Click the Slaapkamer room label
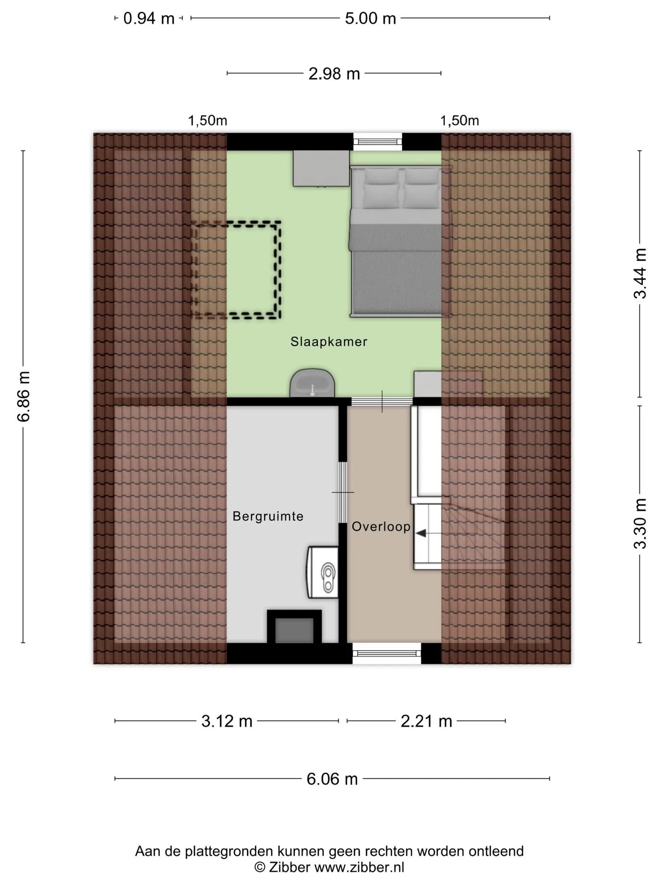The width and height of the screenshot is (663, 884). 329,342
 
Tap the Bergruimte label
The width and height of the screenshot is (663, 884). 268,517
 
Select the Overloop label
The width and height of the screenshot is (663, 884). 381,527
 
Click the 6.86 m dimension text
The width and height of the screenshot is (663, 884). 23,396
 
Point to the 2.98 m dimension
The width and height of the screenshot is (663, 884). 334,74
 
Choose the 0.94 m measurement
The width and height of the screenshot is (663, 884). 149,18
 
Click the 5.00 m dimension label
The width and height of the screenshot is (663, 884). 371,18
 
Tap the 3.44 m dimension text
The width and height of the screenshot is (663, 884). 640,273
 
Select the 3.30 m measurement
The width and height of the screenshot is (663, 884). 640,524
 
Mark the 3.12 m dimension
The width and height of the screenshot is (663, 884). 227,721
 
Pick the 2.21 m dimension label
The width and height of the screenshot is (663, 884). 426,721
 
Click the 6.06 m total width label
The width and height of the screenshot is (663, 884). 332,779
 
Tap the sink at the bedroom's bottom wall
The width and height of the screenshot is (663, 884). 312,383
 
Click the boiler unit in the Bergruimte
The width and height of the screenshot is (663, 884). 322,572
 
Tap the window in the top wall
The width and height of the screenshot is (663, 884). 378,141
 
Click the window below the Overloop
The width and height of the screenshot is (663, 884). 387,654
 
